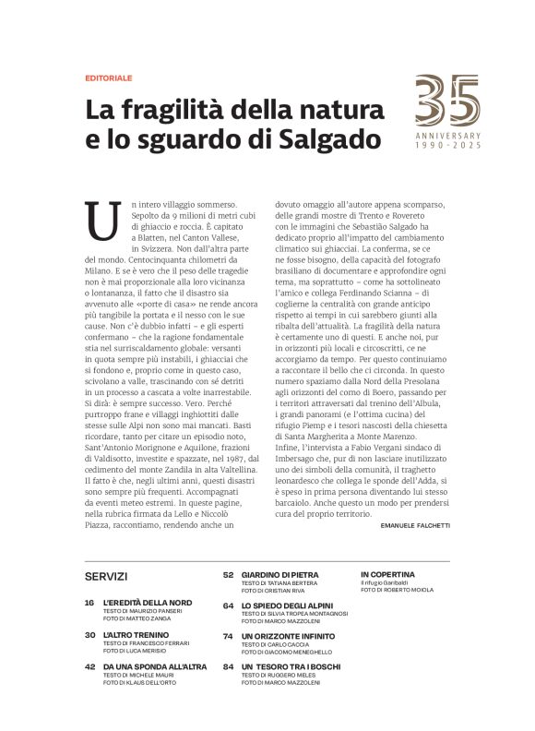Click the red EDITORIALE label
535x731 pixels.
click(108, 79)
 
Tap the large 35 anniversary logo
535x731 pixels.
click(447, 102)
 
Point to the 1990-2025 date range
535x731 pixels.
click(447, 146)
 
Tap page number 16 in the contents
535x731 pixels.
click(89, 602)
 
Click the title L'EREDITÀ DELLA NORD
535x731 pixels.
click(148, 602)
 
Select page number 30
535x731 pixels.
click(89, 635)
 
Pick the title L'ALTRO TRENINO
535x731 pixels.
click(137, 635)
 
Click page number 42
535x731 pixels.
click(89, 666)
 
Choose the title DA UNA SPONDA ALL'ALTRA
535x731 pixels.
click(155, 666)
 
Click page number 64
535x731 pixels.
click(228, 605)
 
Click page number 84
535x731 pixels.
click(228, 666)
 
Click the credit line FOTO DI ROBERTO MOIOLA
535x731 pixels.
click(394, 591)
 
